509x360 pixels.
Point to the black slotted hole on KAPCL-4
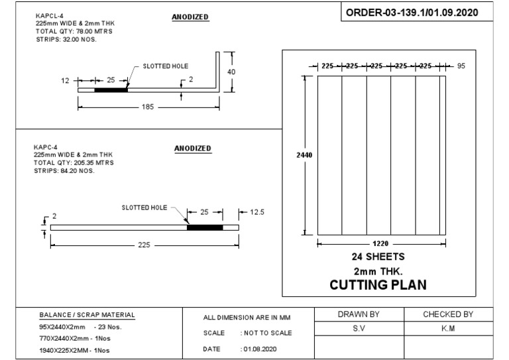[111, 90]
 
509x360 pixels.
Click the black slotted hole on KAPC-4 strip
[205, 227]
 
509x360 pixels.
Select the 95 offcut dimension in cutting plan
[462, 66]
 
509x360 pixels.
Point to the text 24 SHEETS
[378, 257]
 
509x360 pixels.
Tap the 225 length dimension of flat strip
[144, 245]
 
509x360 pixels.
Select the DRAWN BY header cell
[359, 314]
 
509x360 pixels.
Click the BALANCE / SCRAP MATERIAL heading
[87, 315]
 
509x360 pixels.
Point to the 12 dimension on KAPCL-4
[64, 80]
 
